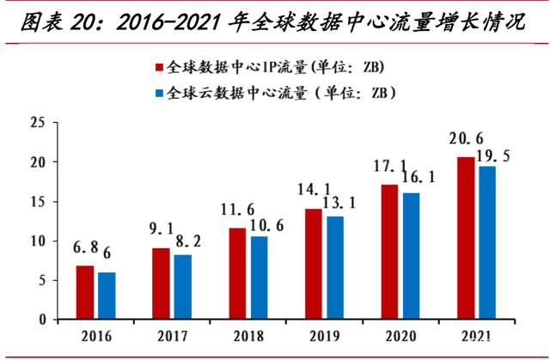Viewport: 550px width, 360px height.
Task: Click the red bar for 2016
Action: pos(85,293)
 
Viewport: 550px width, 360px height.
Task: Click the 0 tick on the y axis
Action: pos(40,320)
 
